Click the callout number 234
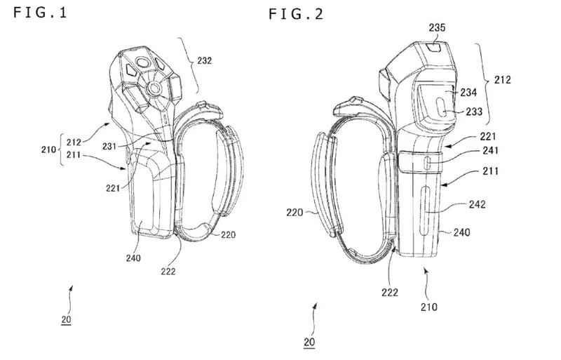(467, 92)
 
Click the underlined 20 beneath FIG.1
(65, 320)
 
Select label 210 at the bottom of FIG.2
(428, 307)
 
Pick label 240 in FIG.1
(133, 258)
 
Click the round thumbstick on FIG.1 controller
(154, 90)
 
